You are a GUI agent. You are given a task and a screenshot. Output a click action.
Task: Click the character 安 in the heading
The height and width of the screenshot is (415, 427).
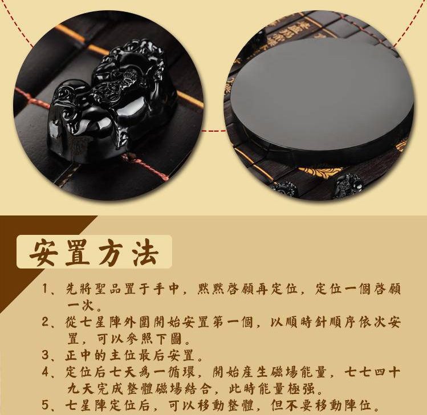pyautogui.click(x=44, y=253)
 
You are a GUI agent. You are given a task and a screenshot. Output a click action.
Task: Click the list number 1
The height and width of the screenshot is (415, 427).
pyautogui.click(x=45, y=289)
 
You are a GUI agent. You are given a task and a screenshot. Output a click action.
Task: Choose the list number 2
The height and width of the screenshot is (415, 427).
pyautogui.click(x=46, y=322)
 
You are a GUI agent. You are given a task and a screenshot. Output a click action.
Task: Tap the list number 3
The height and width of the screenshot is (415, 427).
pyautogui.click(x=46, y=355)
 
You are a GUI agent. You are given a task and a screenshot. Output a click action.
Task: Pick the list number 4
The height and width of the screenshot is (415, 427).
pyautogui.click(x=46, y=372)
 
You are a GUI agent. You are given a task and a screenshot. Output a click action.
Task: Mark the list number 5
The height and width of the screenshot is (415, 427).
pyautogui.click(x=46, y=405)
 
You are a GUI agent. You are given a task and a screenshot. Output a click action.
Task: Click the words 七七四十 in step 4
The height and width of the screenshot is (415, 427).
pyautogui.click(x=372, y=372)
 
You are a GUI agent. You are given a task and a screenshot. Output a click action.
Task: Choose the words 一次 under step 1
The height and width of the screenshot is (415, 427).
pyautogui.click(x=80, y=306)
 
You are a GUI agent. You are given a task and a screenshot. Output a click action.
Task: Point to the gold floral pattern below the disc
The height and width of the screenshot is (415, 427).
pyautogui.click(x=316, y=172)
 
